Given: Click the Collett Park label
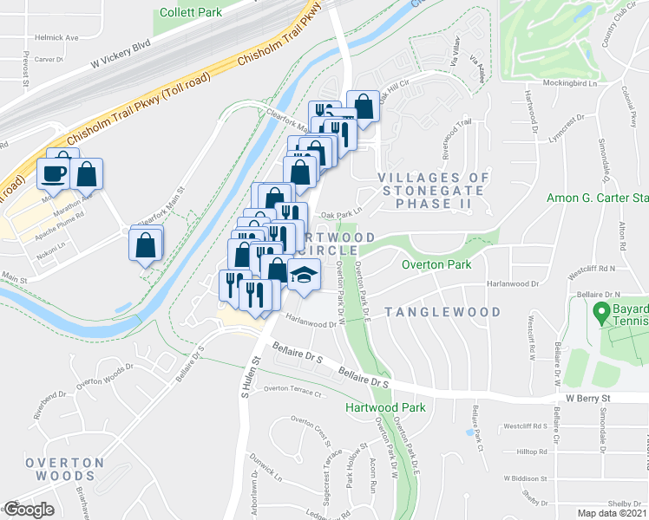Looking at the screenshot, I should point(191,12).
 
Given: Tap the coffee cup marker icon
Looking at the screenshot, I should point(54,173).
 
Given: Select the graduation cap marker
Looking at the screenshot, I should point(303,276).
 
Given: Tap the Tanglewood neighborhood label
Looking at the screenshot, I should point(442,312).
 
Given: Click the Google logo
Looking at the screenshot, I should point(29,510).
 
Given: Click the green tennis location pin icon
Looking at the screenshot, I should point(598,311).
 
